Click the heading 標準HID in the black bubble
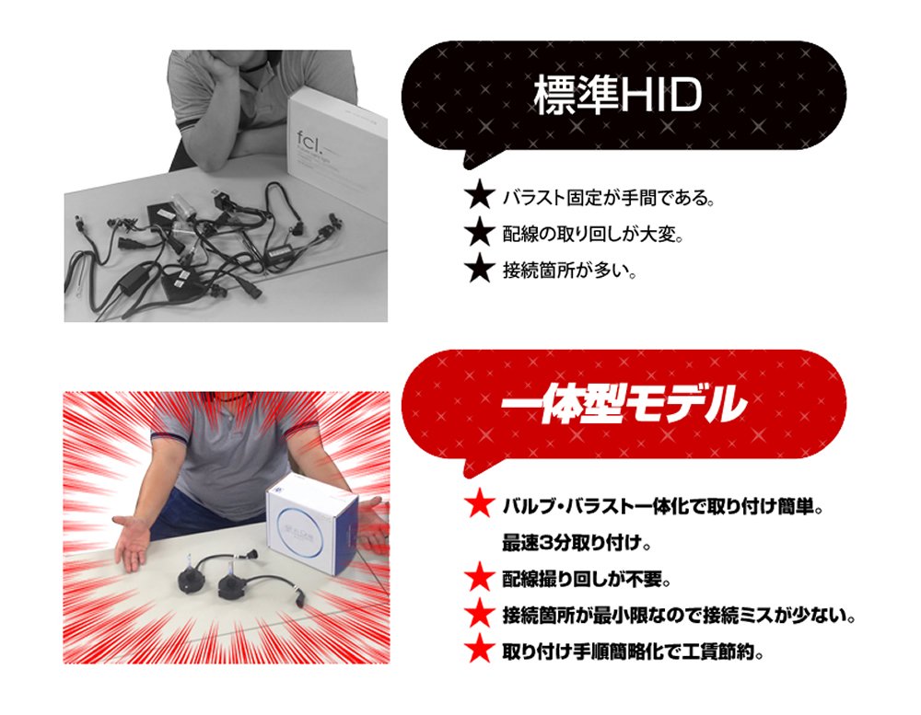click(x=617, y=95)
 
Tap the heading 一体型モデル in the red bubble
click(x=624, y=403)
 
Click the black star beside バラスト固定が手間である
click(x=480, y=195)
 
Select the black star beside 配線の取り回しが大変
click(x=480, y=232)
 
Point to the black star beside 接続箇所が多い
click(x=480, y=269)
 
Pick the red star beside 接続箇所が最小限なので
click(x=479, y=614)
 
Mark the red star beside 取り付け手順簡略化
click(x=479, y=650)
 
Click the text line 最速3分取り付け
click(x=577, y=544)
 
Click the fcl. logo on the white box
click(x=310, y=141)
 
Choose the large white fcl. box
click(x=338, y=153)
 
